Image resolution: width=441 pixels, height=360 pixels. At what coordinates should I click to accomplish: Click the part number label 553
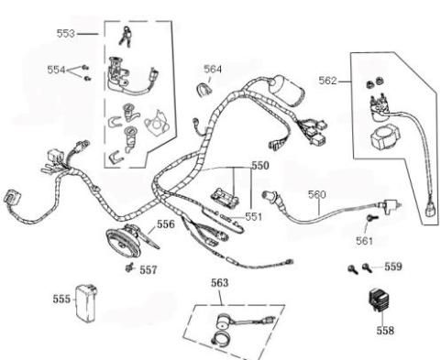click(66, 33)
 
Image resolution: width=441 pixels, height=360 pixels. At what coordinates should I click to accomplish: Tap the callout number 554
click(57, 70)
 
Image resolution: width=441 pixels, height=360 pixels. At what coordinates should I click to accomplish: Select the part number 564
click(213, 69)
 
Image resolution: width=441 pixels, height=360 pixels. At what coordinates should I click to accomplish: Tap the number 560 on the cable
click(316, 195)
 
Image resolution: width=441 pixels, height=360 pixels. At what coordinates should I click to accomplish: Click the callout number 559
click(392, 267)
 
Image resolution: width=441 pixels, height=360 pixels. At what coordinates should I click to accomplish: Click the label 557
click(148, 270)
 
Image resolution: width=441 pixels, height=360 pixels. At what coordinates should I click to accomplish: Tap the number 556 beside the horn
click(165, 224)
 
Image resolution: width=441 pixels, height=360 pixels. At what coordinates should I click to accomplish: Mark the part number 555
click(61, 299)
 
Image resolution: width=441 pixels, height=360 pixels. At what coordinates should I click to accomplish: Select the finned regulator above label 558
click(380, 301)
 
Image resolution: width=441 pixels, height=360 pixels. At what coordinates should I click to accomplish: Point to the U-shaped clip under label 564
click(205, 88)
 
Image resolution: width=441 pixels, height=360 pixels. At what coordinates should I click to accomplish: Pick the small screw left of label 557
click(130, 269)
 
